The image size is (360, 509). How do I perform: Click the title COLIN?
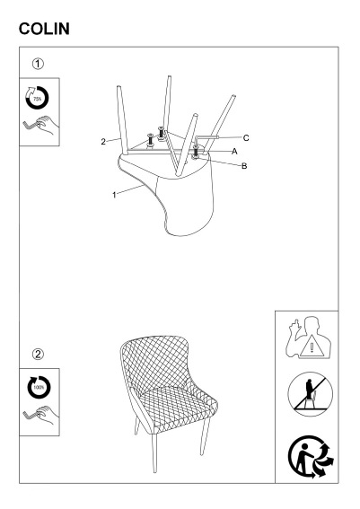pos(44,29)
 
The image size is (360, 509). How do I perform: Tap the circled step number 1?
pos(38,64)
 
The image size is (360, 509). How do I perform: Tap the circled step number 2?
pos(38,354)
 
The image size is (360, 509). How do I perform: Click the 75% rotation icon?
pos(37,98)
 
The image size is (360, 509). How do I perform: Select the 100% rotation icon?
pos(39,388)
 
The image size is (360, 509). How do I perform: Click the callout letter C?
pos(246,138)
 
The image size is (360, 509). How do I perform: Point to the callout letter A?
pos(234,152)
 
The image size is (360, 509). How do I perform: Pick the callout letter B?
pos(244,166)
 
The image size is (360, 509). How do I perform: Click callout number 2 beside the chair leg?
pos(103,142)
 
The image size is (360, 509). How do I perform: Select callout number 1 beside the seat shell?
pos(114,195)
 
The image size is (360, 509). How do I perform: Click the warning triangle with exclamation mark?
pos(312,347)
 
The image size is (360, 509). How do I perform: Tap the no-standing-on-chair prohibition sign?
pos(311,394)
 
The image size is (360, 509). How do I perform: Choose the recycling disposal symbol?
pos(311,457)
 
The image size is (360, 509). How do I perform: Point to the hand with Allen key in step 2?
pos(41,415)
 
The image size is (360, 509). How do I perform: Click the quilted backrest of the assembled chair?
pos(155,364)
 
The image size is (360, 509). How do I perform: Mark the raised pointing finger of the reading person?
pos(295,326)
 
